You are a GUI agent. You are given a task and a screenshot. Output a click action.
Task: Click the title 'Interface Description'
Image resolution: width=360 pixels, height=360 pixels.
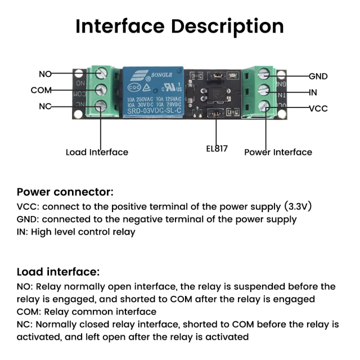coord(179,26)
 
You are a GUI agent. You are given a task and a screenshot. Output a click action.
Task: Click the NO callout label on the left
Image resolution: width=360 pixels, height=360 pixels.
coord(45,74)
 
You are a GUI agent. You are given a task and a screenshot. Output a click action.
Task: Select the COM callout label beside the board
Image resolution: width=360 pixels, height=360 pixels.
coord(41,90)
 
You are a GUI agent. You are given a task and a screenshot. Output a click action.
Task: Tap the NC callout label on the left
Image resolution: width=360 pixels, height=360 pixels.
coord(44,106)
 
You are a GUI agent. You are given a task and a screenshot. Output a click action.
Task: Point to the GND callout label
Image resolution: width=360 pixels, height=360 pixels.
coord(318,76)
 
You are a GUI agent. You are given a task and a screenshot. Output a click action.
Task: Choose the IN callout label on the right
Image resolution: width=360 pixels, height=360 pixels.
coord(313,92)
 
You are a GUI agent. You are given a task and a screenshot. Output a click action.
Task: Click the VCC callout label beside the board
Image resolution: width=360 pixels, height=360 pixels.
coord(318,108)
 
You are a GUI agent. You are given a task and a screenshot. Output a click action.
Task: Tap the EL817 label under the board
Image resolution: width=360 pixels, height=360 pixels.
coord(216,148)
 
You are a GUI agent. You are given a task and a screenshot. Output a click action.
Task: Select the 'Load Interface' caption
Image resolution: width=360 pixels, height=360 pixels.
coord(96,152)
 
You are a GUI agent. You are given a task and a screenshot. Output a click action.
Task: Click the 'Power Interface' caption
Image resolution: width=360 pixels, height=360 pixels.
coord(278,152)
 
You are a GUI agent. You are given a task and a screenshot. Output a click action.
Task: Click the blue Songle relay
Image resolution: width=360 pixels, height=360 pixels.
coord(153,92)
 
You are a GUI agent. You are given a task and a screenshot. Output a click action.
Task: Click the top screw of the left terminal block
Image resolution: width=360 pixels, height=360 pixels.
coord(102,73)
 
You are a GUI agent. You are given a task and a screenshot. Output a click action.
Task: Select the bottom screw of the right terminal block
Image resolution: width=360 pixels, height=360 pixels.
coord(263,106)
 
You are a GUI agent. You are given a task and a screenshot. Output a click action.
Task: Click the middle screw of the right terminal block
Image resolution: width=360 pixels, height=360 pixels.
coord(263,90)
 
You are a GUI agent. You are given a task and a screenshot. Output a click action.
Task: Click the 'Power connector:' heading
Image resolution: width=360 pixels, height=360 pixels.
coord(65,192)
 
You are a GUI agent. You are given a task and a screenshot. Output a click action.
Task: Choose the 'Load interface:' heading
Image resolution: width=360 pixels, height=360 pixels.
coord(58,272)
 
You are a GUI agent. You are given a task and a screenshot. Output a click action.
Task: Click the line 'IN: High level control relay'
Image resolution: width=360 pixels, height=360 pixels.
coord(76,232)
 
